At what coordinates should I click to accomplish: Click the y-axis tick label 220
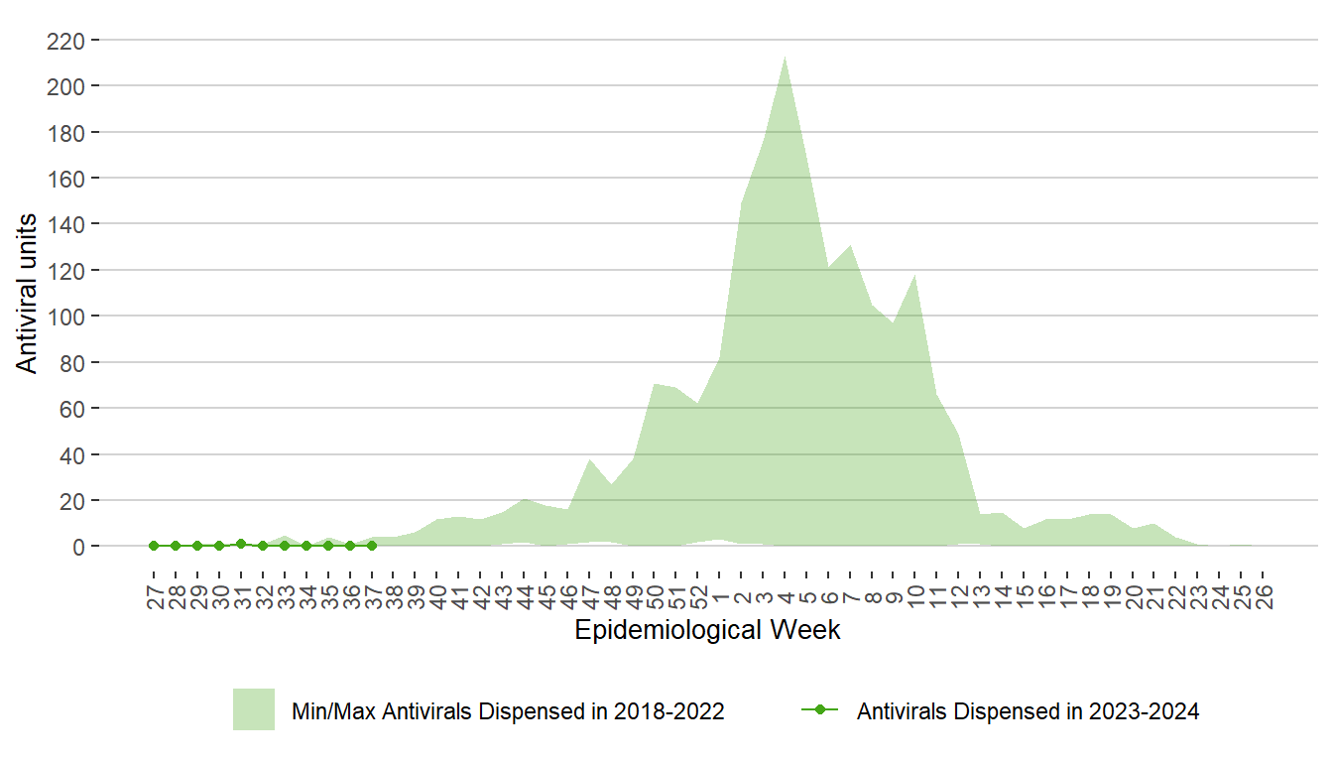point(67,41)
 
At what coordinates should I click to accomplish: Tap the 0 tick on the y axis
point(78,547)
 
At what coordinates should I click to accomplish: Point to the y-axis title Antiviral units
point(28,294)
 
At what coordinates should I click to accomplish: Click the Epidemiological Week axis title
point(707,630)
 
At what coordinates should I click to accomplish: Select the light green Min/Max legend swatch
point(254,709)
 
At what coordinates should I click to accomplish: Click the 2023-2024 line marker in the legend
point(819,710)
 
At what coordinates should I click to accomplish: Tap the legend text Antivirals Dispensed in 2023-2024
point(1028,711)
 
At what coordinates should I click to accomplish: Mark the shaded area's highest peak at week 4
point(786,57)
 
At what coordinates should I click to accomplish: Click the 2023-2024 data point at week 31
point(241,544)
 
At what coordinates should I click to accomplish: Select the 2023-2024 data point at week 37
point(372,546)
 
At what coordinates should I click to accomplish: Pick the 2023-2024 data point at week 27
point(154,546)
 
